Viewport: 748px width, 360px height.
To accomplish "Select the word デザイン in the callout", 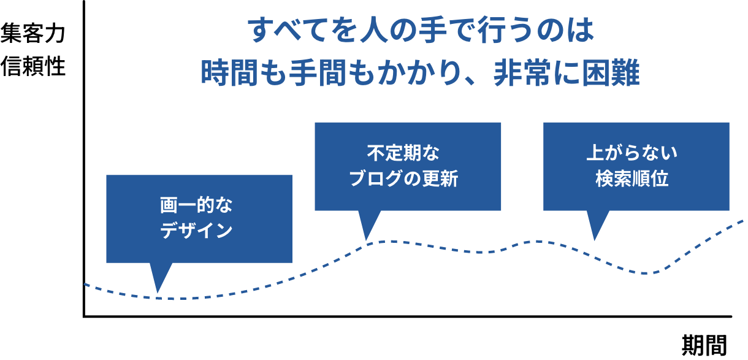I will [x=197, y=231].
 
